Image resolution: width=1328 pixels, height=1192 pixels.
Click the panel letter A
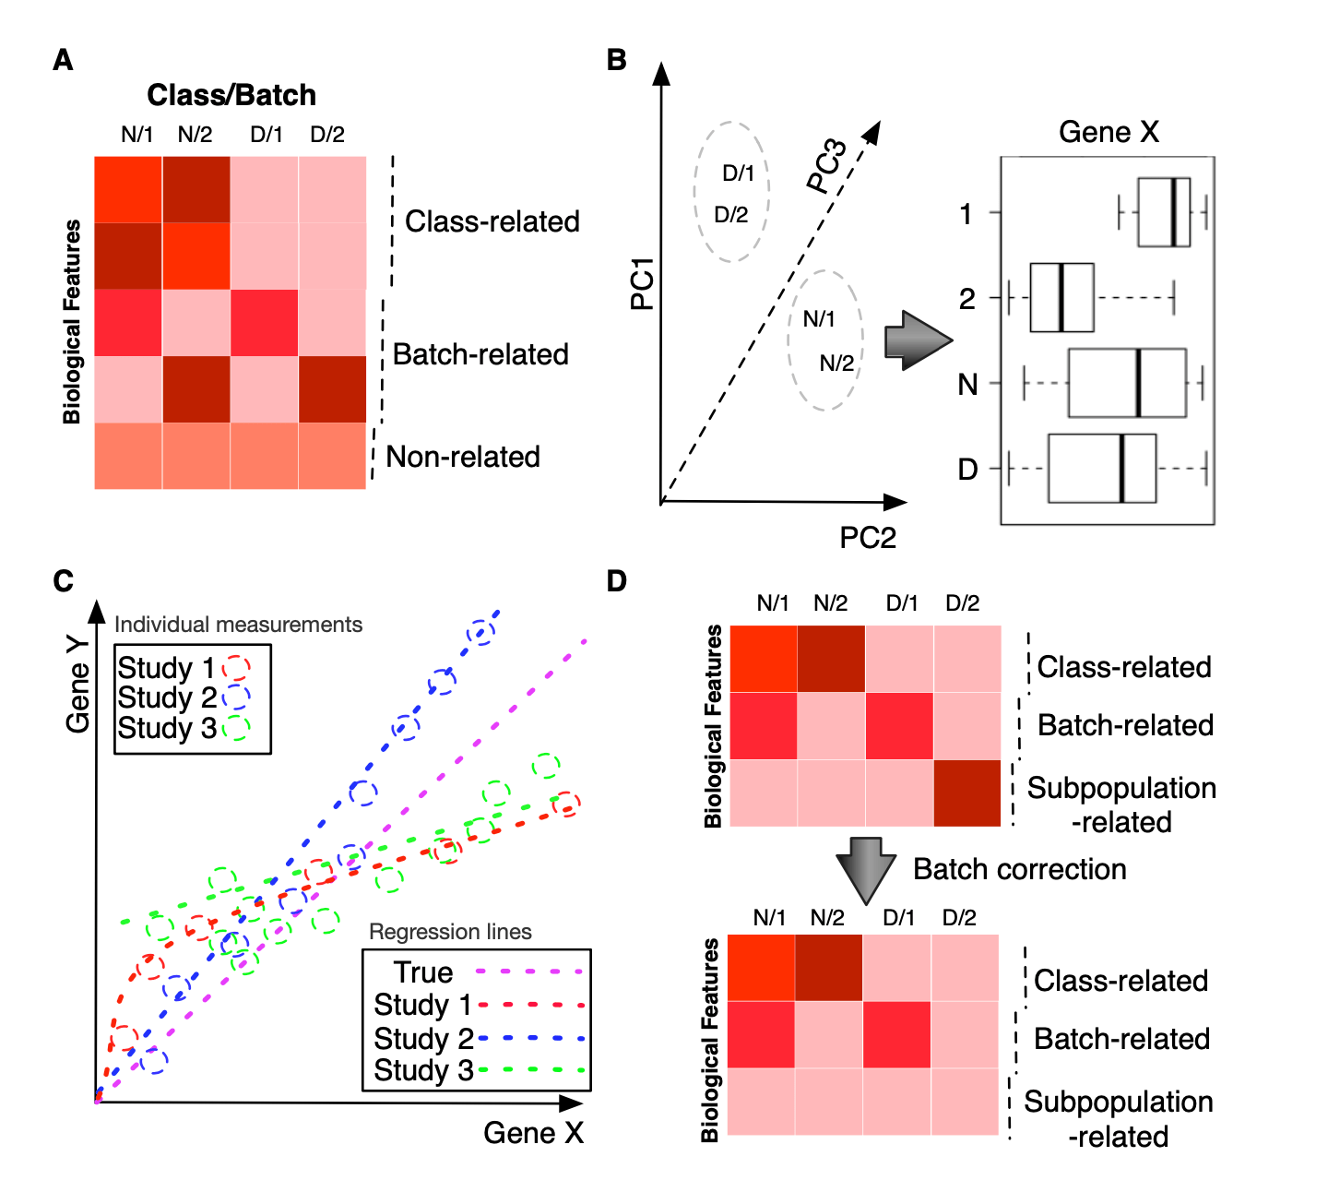click(63, 60)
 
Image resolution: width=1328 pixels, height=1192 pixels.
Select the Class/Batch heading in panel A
click(231, 95)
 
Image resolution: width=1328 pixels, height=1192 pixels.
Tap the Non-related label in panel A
click(463, 457)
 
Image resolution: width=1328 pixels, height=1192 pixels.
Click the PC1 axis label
click(642, 284)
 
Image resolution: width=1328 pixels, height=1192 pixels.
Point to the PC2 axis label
click(867, 538)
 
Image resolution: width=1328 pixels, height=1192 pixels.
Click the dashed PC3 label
click(826, 166)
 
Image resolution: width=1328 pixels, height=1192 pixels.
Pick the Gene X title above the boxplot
click(1109, 132)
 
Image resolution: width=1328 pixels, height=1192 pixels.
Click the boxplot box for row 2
click(1061, 297)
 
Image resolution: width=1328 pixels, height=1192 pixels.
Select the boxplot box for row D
click(1102, 469)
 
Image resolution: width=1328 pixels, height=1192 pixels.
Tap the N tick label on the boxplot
click(967, 384)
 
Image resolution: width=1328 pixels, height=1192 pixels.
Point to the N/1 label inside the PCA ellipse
click(818, 319)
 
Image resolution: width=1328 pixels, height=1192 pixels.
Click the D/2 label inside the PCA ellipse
click(731, 215)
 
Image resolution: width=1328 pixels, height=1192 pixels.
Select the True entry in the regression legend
click(423, 972)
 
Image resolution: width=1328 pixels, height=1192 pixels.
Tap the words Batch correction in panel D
click(1020, 869)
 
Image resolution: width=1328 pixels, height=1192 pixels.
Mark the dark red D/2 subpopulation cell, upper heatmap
click(967, 793)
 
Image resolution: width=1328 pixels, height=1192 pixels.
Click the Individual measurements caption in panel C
click(238, 625)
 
